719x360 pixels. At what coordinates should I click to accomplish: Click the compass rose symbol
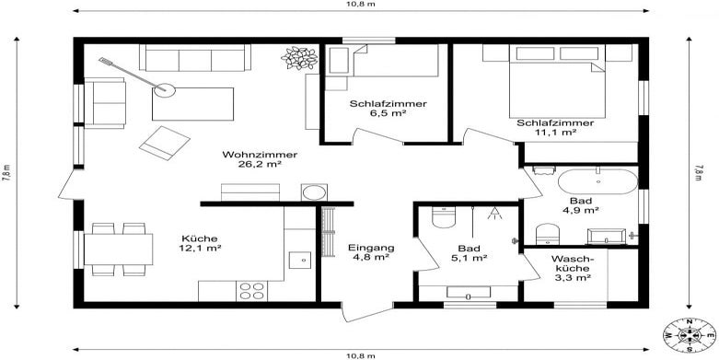click(690, 336)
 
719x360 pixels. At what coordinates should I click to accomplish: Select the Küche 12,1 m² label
click(200, 243)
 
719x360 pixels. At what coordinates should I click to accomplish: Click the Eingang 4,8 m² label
click(370, 252)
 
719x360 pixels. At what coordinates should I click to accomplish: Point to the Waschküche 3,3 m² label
click(571, 267)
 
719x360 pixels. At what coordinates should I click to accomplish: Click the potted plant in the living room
click(299, 58)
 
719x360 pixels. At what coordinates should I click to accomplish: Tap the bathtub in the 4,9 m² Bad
click(597, 181)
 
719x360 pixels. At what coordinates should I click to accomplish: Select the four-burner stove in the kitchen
click(251, 291)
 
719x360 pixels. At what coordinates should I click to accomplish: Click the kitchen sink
click(300, 260)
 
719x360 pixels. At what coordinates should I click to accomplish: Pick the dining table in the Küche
click(119, 249)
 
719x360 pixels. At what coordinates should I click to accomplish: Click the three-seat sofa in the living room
click(195, 57)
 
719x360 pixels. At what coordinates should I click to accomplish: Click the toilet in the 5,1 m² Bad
click(444, 217)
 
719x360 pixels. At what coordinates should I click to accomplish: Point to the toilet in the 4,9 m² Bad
click(547, 234)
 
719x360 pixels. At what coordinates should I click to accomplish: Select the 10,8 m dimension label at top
click(361, 4)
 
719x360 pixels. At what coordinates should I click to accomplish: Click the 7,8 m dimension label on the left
click(7, 173)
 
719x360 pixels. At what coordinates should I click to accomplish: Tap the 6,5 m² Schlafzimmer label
click(388, 109)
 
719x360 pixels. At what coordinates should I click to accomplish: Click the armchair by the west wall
click(105, 103)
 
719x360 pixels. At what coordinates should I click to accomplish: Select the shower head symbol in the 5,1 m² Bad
click(494, 213)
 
